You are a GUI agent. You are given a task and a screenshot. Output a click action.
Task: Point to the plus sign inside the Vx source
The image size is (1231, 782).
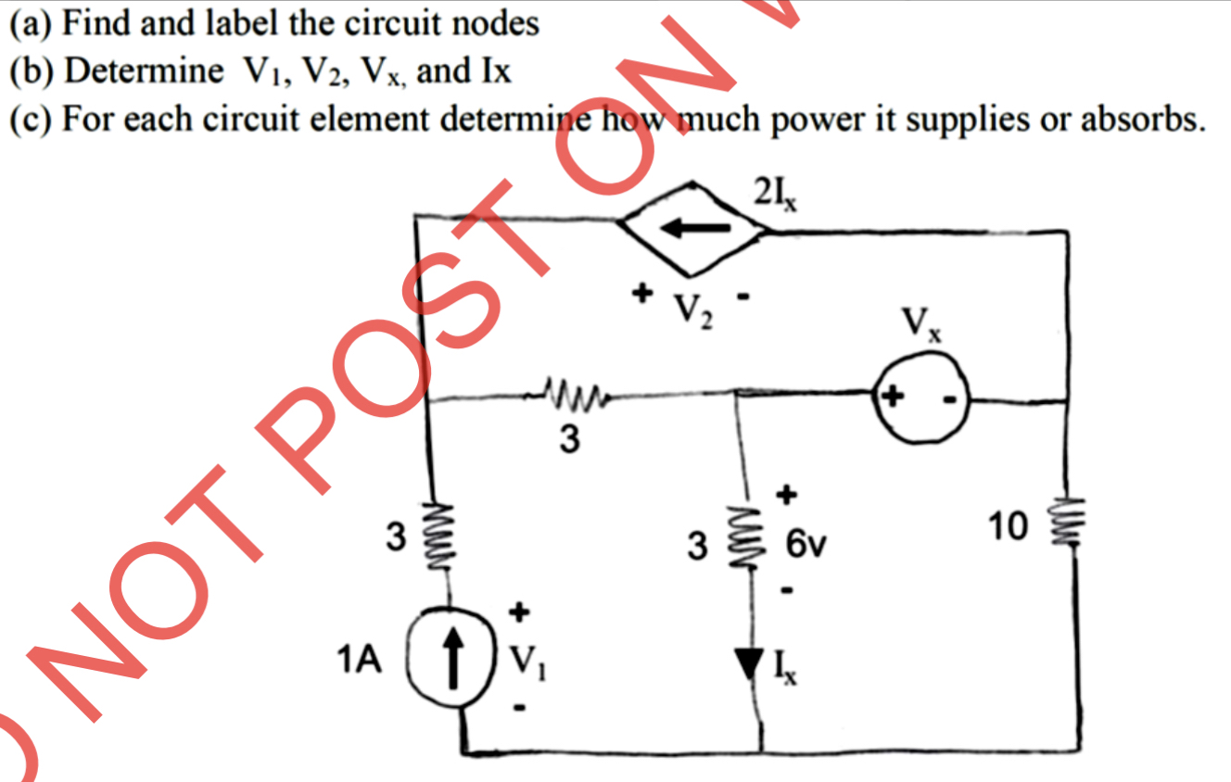point(893,397)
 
